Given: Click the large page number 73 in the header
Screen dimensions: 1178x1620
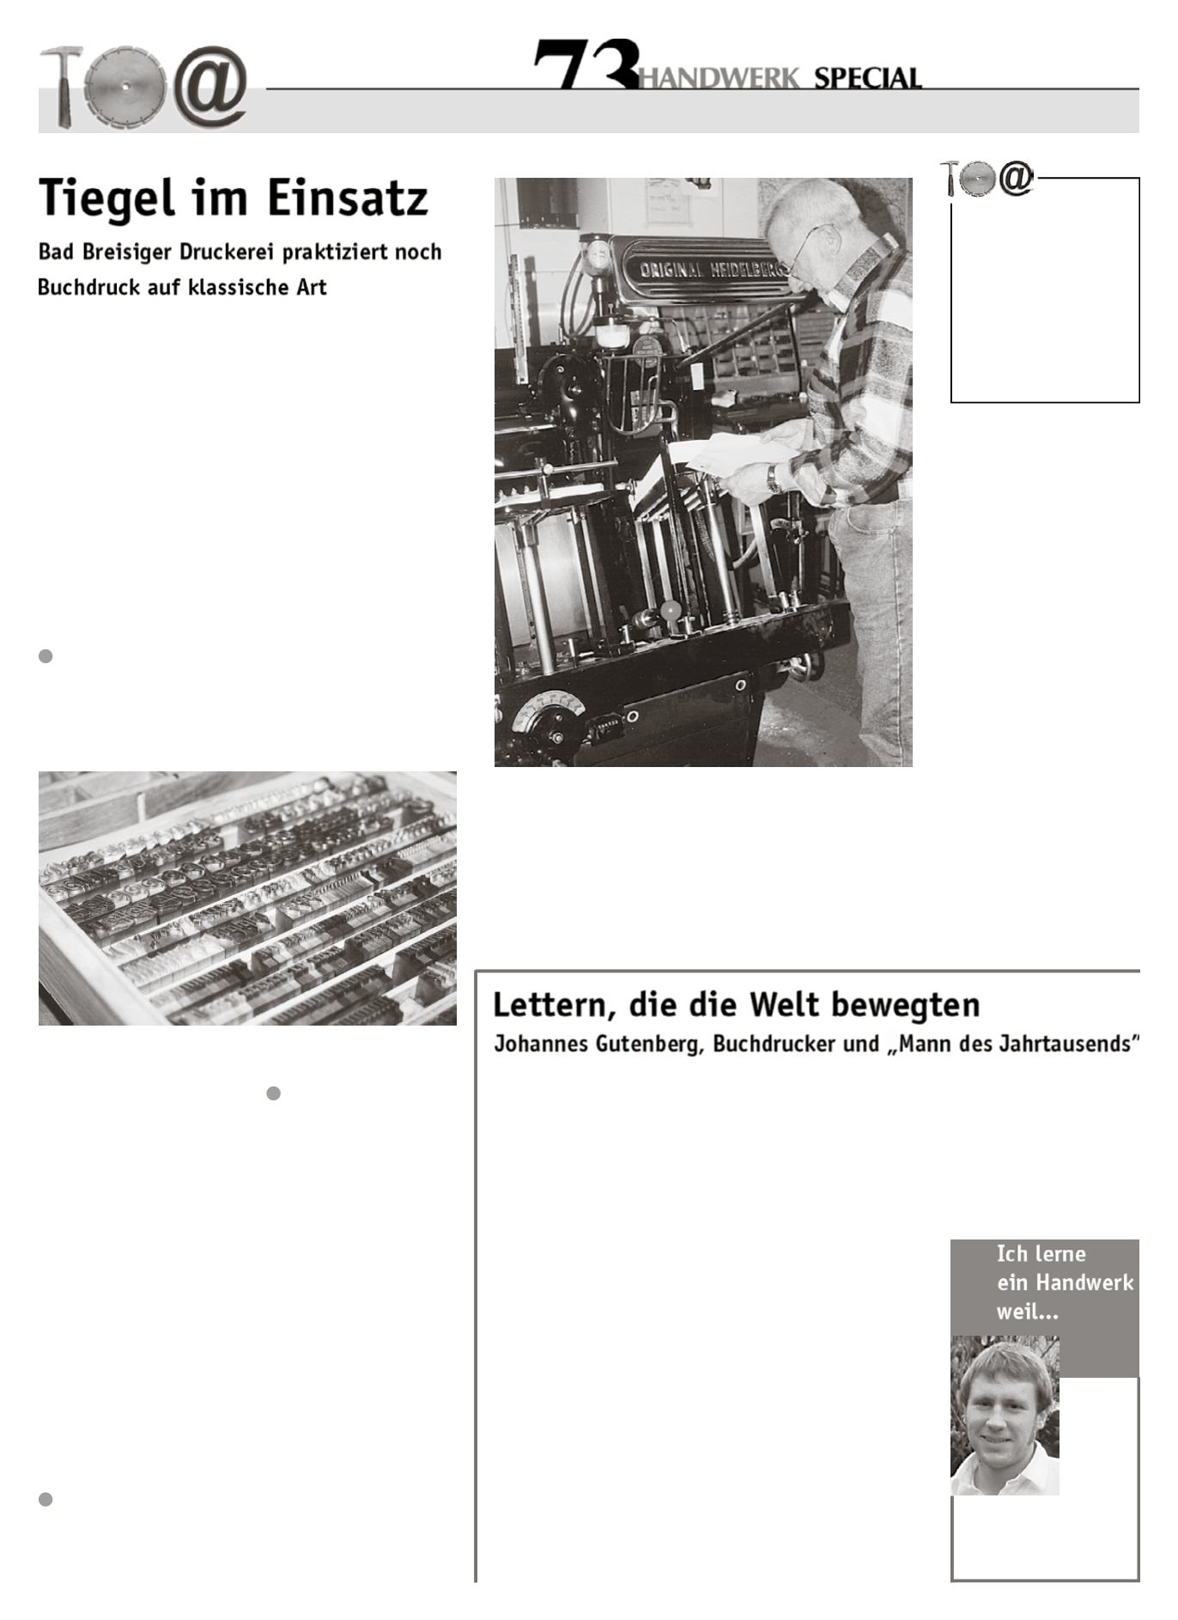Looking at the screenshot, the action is pyautogui.click(x=586, y=64).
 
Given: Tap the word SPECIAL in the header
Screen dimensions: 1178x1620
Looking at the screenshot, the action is pyautogui.click(x=867, y=78).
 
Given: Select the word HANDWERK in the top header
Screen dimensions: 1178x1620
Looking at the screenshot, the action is pyautogui.click(x=719, y=79).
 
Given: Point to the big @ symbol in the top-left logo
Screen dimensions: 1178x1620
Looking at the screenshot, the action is pyautogui.click(x=210, y=87).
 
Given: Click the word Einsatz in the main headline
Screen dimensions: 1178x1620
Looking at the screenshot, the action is pyautogui.click(x=347, y=198).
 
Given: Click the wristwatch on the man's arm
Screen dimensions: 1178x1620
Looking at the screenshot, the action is pyautogui.click(x=774, y=478).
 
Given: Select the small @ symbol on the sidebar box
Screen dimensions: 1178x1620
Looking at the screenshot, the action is pyautogui.click(x=1017, y=179).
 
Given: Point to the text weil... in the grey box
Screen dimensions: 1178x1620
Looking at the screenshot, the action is pyautogui.click(x=1027, y=1312).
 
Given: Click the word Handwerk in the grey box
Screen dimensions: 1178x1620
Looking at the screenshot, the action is pyautogui.click(x=1084, y=1282).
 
